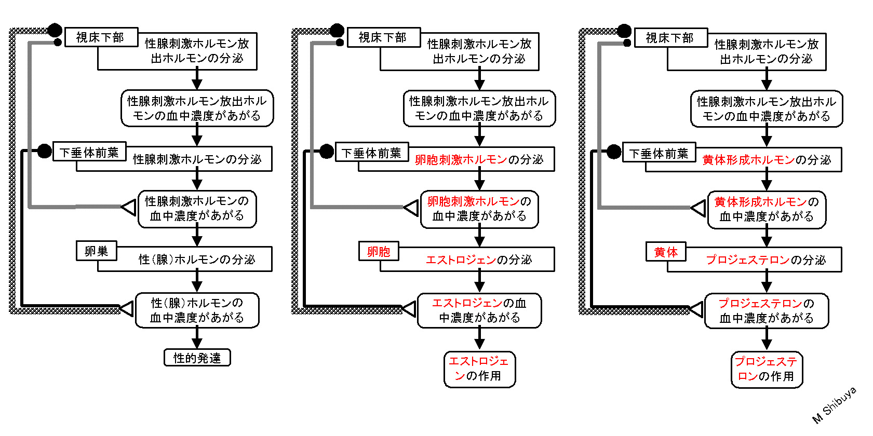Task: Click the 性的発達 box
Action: (x=197, y=358)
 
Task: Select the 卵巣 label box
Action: (x=96, y=251)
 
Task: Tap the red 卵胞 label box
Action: (x=379, y=252)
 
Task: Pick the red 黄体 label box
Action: (x=666, y=252)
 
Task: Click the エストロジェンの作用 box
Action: (x=479, y=370)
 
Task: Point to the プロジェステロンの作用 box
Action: (x=767, y=370)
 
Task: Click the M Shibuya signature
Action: (x=834, y=405)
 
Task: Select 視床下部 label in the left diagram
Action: (x=101, y=37)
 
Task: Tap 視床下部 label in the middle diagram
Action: (x=383, y=37)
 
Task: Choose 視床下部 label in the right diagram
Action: (x=671, y=38)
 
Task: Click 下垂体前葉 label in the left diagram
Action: (x=90, y=152)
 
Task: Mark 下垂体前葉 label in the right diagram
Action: (x=659, y=153)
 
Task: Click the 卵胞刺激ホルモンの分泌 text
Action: (x=479, y=160)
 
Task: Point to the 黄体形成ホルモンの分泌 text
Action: (x=767, y=160)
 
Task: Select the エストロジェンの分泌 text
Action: (x=479, y=260)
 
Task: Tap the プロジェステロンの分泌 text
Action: (x=766, y=260)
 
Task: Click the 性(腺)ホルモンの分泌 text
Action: (x=197, y=260)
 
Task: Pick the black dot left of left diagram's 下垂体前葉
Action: (x=45, y=151)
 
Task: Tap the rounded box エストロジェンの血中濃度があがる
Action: (x=479, y=310)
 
